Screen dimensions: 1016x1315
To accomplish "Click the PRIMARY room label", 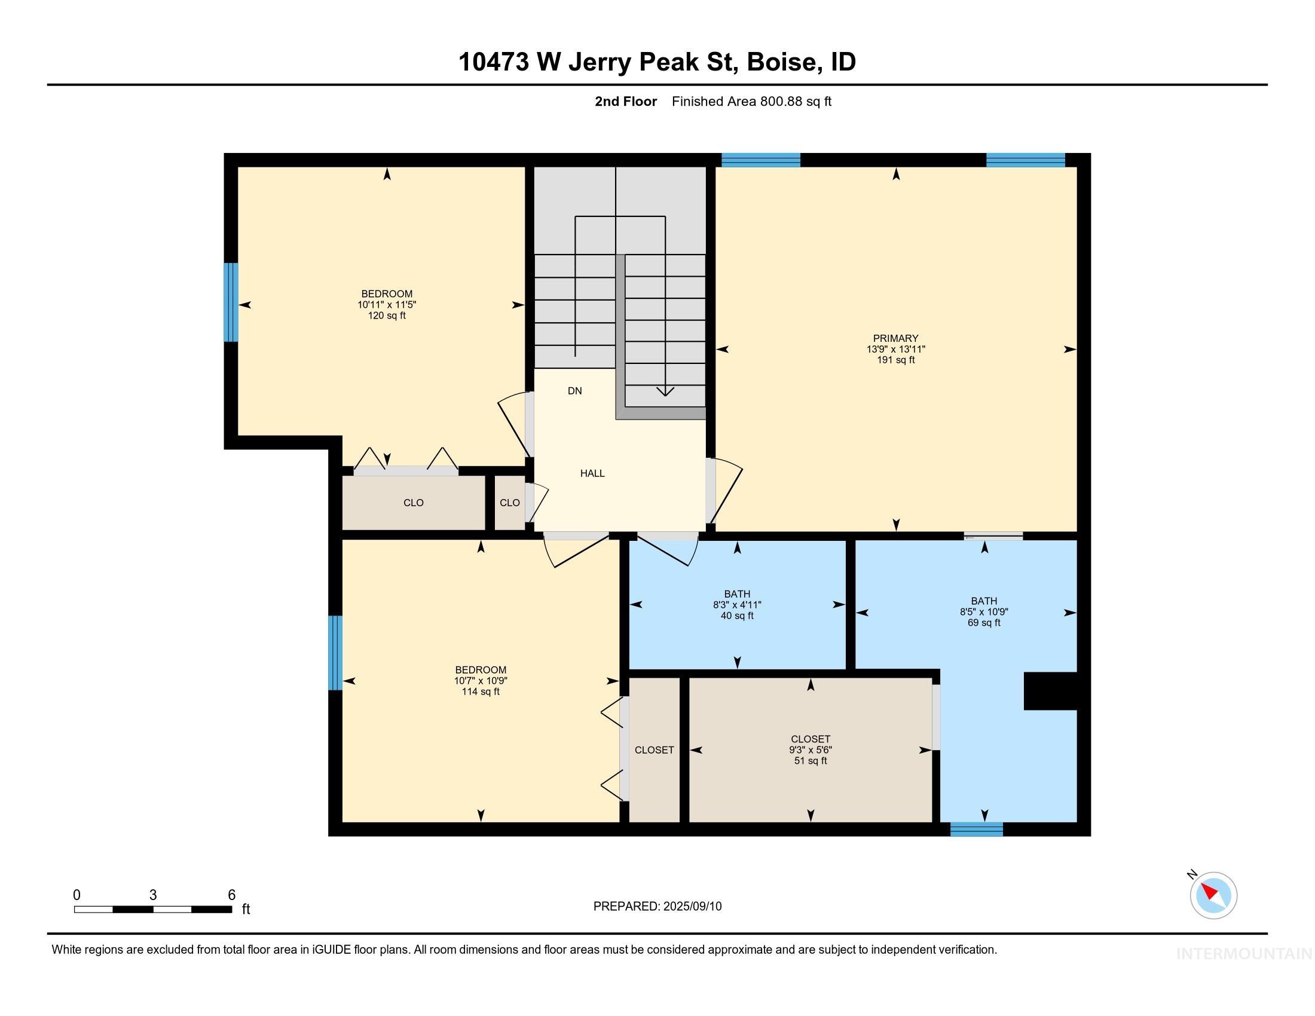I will pyautogui.click(x=895, y=338).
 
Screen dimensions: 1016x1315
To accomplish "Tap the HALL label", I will pyautogui.click(x=592, y=474).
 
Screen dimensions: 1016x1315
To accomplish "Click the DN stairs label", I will pyautogui.click(x=574, y=391).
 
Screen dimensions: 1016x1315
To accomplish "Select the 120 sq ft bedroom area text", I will pyautogui.click(x=387, y=316).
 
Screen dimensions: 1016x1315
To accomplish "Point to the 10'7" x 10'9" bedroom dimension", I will pyautogui.click(x=481, y=681).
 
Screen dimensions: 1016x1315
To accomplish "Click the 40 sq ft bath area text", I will pyautogui.click(x=737, y=616).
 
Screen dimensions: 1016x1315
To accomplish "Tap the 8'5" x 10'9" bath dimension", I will pyautogui.click(x=984, y=611).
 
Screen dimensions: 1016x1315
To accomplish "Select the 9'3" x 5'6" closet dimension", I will pyautogui.click(x=811, y=750).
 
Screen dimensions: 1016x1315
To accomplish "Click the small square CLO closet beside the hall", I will pyautogui.click(x=509, y=503).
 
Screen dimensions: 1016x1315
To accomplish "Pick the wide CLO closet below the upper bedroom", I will pyautogui.click(x=413, y=503).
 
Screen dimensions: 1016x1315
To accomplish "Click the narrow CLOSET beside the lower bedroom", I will pyautogui.click(x=654, y=750).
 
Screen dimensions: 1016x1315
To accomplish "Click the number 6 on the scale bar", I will pyautogui.click(x=231, y=895).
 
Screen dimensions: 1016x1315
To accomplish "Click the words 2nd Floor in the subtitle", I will pyautogui.click(x=626, y=102).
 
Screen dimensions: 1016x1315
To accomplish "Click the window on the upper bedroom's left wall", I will pyautogui.click(x=231, y=302).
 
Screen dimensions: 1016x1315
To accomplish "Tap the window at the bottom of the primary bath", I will pyautogui.click(x=976, y=830).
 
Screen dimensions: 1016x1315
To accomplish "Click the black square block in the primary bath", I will pyautogui.click(x=1050, y=691).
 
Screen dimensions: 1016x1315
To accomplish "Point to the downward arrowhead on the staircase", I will pyautogui.click(x=665, y=391).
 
